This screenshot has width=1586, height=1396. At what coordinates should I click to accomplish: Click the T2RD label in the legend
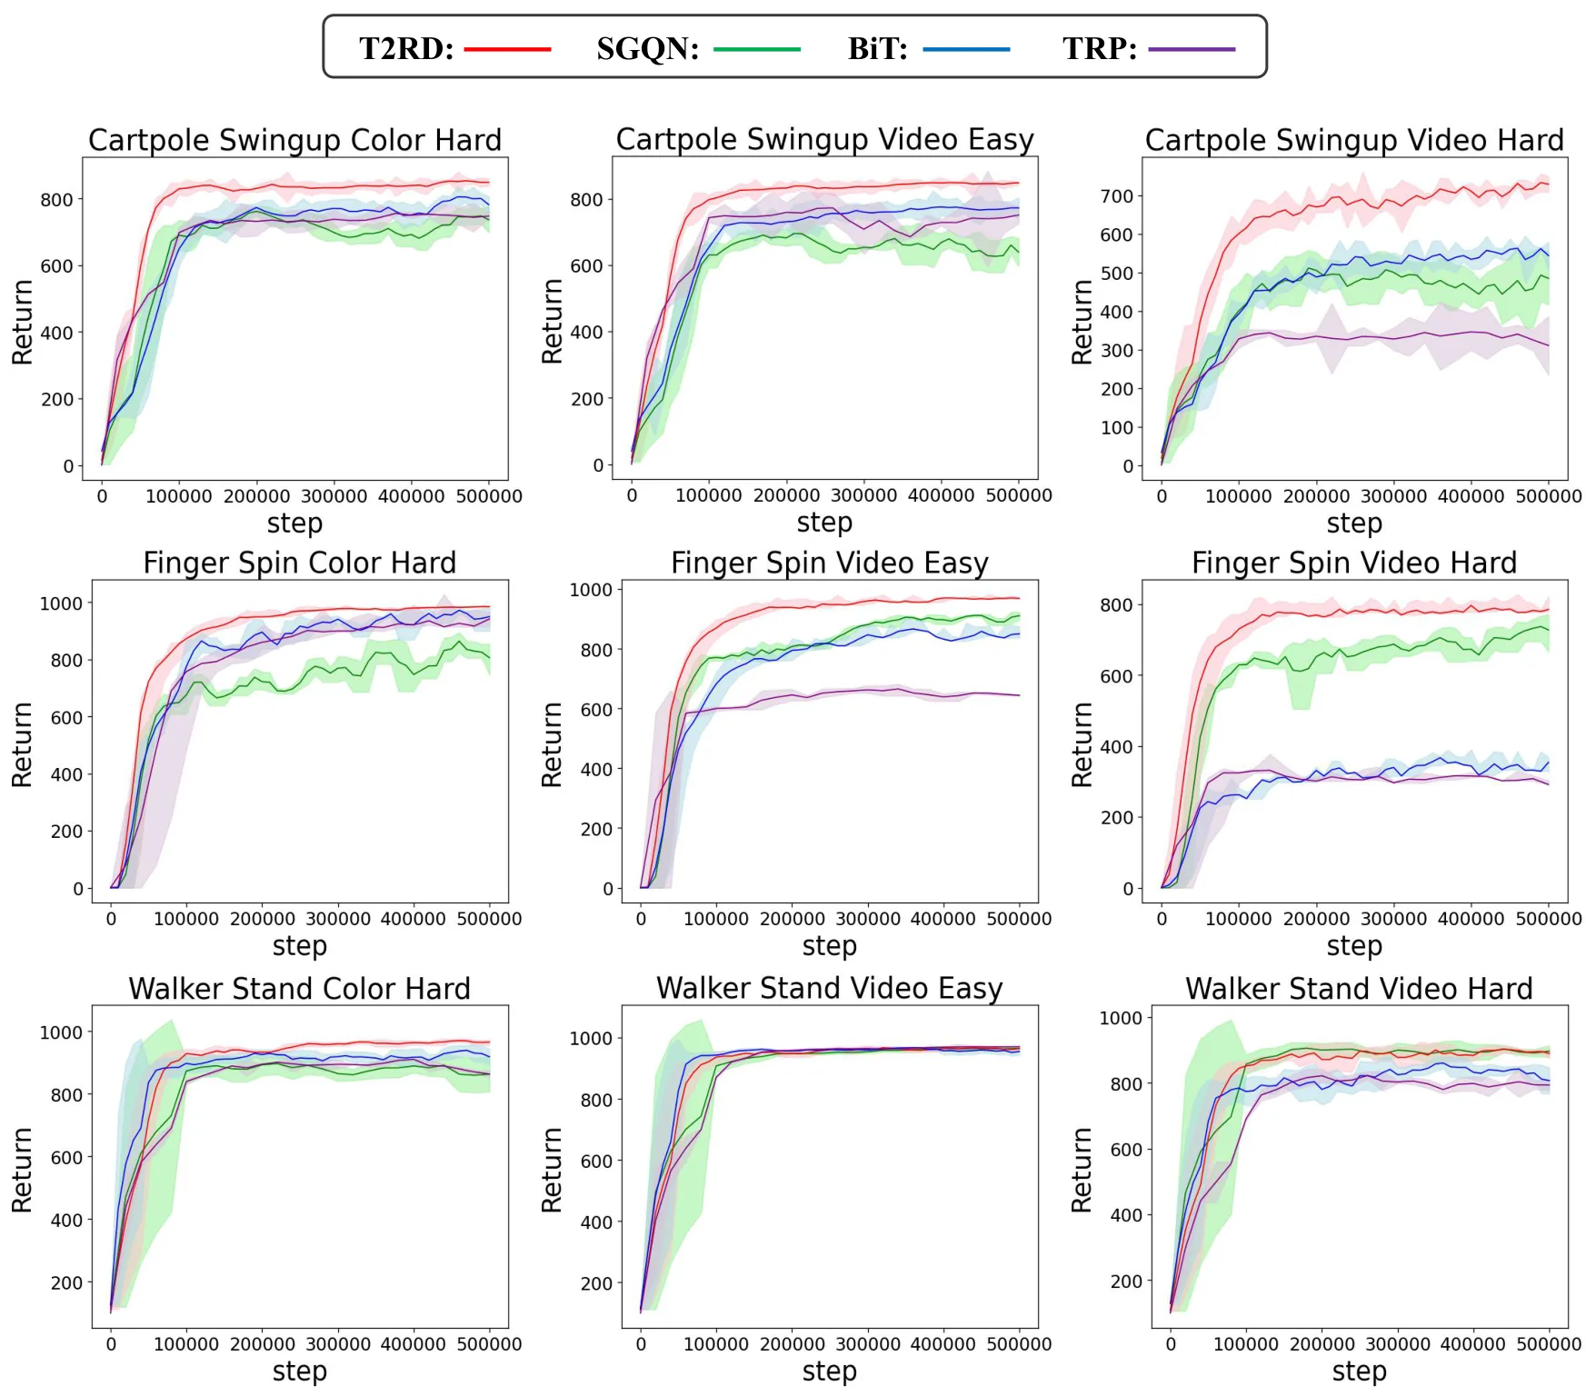point(406,48)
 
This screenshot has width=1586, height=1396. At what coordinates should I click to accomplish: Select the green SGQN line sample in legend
point(757,49)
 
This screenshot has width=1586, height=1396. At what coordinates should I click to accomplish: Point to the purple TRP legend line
point(1192,49)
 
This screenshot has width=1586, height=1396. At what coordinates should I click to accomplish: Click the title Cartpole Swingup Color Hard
point(294,140)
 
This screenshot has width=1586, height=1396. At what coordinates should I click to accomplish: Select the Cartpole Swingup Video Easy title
point(825,139)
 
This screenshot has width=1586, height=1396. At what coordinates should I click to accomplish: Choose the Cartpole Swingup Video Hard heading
point(1354,140)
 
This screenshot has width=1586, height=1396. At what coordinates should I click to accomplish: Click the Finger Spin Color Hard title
point(300,563)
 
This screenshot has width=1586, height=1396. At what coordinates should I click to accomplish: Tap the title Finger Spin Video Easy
point(830,563)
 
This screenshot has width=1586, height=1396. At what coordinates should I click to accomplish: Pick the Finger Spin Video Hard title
point(1354,563)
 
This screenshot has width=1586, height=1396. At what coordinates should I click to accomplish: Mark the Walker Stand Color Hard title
point(300,988)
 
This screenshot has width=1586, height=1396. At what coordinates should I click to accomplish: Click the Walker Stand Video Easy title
point(830,988)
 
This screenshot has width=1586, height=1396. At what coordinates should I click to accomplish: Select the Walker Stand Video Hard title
point(1359,988)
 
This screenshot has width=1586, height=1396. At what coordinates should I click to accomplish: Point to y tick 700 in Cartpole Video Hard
point(1116,196)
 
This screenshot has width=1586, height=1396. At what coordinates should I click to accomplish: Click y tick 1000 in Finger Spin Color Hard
point(61,603)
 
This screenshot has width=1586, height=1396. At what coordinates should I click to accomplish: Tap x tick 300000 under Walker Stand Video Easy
point(868,1343)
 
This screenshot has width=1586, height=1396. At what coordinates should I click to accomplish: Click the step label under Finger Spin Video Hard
point(1354,946)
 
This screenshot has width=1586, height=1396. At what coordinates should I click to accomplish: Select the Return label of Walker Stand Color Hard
point(22,1170)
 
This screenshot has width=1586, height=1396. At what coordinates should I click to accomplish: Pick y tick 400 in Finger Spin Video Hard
point(1116,747)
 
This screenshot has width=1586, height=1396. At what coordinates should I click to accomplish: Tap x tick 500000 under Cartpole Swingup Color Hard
point(489,496)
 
